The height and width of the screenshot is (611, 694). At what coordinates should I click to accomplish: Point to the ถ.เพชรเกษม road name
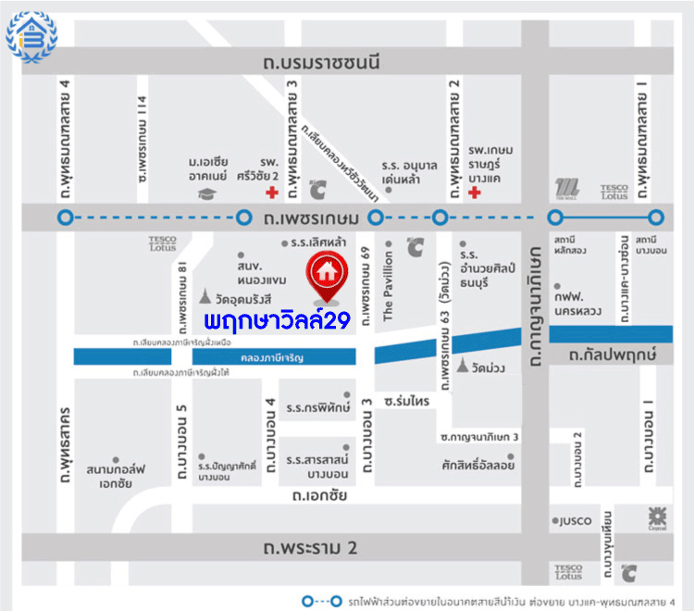[x=306, y=218]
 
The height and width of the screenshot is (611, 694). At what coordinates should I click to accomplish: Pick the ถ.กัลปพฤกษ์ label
[x=612, y=354]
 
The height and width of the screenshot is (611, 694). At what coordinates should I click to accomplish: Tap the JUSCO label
[x=575, y=520]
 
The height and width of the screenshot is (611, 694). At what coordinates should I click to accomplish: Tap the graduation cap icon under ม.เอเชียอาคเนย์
[x=204, y=193]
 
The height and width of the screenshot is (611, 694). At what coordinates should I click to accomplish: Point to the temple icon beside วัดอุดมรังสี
[x=204, y=297]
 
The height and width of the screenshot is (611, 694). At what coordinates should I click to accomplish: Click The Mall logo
[x=567, y=188]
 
